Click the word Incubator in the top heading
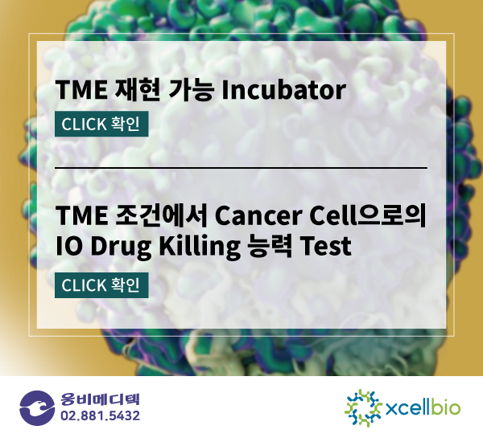(x=283, y=90)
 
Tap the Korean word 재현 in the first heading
(x=137, y=90)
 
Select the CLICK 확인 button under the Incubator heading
(x=101, y=124)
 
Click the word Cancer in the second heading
(x=258, y=215)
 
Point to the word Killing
(x=200, y=247)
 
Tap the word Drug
(x=121, y=247)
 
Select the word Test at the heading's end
(x=326, y=246)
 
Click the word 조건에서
(x=161, y=215)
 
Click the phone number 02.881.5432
(x=100, y=415)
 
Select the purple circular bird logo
(x=37, y=408)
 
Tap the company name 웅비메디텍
(x=100, y=399)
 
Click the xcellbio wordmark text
(x=423, y=408)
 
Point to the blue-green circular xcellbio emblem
(x=363, y=408)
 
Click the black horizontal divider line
(x=241, y=168)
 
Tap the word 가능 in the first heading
(x=191, y=90)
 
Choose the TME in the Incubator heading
(x=81, y=90)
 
